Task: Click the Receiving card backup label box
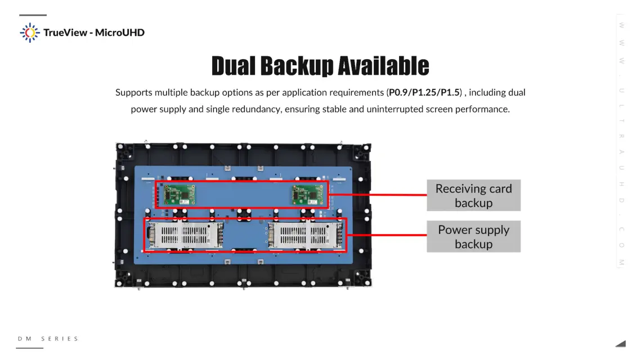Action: coord(473,196)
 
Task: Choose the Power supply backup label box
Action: coord(473,237)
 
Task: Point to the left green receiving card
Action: coord(179,195)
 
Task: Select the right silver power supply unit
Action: coord(306,235)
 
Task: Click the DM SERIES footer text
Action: coord(48,339)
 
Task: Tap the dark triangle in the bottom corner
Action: coord(620,343)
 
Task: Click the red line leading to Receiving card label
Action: coord(377,195)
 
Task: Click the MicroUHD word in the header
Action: coord(120,33)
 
